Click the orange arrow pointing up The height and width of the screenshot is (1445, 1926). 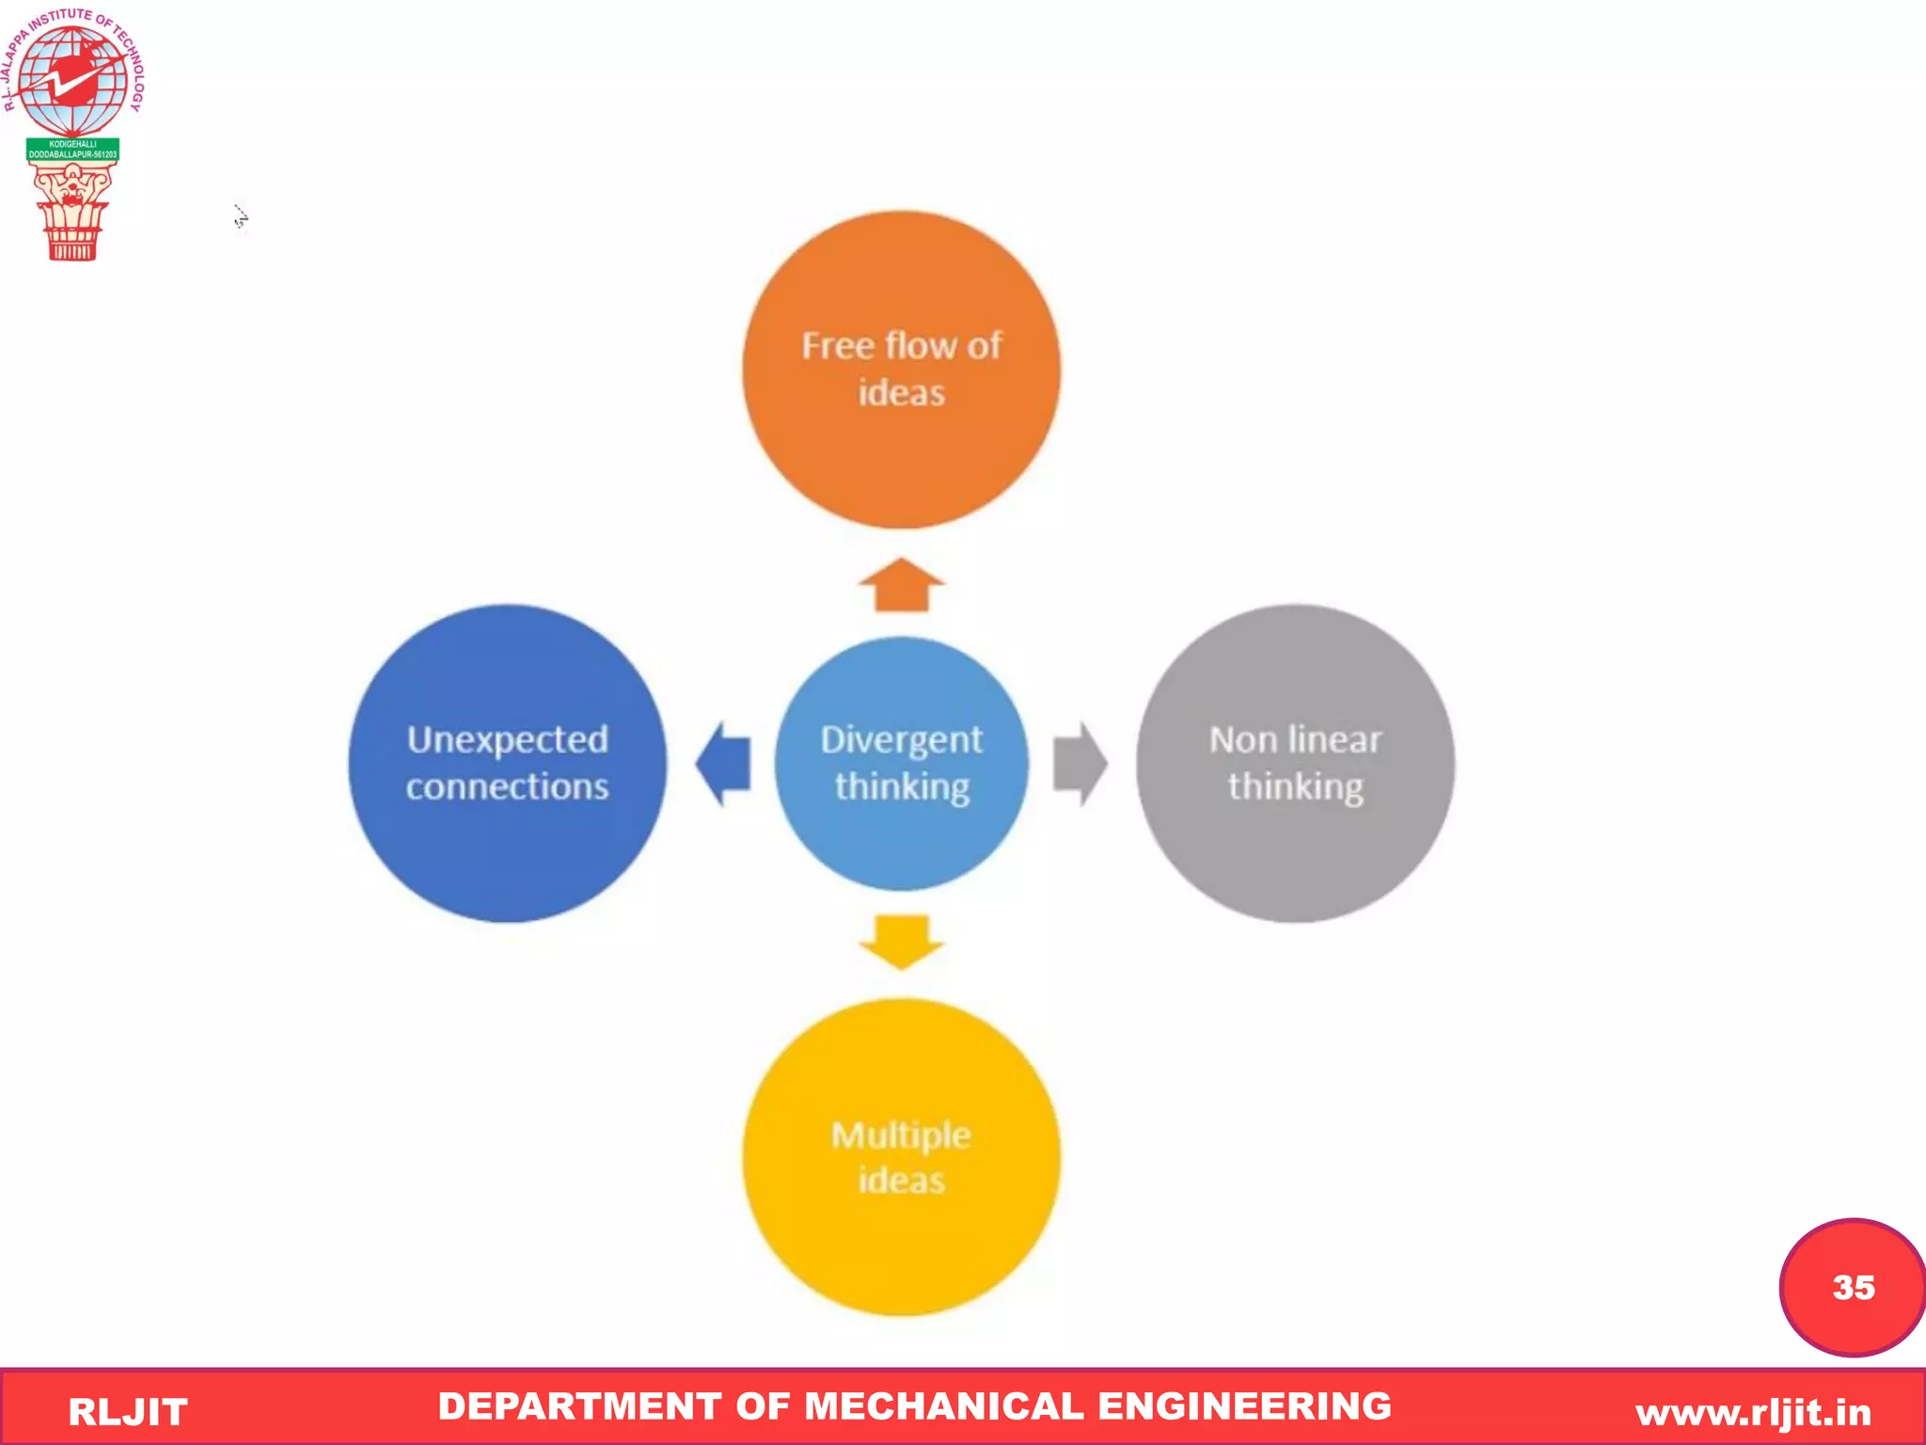(901, 585)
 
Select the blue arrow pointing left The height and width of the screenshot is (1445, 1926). (723, 764)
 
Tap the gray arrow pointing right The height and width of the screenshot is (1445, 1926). (1080, 764)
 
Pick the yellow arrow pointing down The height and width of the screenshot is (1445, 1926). (901, 941)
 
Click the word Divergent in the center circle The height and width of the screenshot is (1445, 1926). (901, 739)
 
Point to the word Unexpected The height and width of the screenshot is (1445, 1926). (507, 739)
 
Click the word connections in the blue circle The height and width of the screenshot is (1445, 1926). (507, 786)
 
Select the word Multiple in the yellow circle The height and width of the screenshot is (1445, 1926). (901, 1135)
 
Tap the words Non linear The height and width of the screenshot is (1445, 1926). (1295, 739)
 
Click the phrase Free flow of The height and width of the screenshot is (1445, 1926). (901, 346)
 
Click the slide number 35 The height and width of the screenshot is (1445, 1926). (1853, 1287)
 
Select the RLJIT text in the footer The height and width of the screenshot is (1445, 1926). (128, 1412)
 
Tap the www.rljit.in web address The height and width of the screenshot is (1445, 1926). (1753, 1412)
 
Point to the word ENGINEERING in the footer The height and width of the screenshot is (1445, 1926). (1244, 1406)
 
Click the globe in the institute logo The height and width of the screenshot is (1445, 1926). (72, 80)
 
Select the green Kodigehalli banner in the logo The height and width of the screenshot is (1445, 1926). (72, 150)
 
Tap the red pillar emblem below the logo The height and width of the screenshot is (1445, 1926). (72, 212)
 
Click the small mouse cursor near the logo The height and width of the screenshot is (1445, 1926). (241, 217)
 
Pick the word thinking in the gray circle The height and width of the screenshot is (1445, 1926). (1295, 786)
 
